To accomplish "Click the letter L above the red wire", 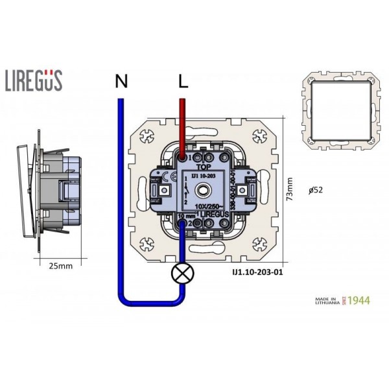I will (183, 82).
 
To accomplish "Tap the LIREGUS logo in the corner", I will (34, 81).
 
